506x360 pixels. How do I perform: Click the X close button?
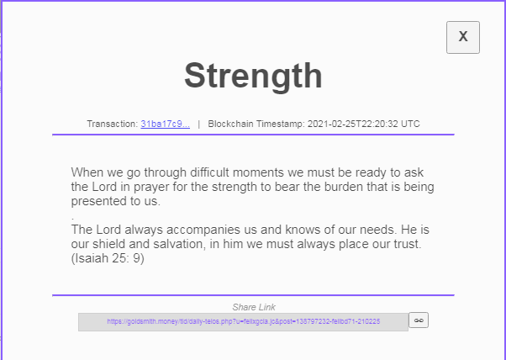point(463,38)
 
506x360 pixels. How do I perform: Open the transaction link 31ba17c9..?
point(166,124)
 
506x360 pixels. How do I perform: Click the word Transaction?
point(113,124)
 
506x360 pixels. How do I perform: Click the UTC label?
point(410,124)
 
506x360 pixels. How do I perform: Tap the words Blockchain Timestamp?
point(256,124)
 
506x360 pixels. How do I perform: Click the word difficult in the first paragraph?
point(210,172)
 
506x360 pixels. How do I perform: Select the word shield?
point(108,244)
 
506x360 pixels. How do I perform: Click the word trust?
point(407,245)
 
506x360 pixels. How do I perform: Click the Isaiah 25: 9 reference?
point(108,258)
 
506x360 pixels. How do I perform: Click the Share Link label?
point(254,307)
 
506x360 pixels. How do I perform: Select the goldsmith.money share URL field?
point(243,322)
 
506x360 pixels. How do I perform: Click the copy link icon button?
point(419,320)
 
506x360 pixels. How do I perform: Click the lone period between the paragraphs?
point(73,220)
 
